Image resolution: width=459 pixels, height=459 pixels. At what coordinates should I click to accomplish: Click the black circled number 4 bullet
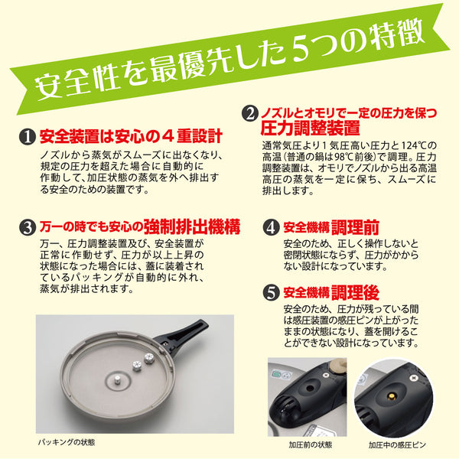(x=270, y=227)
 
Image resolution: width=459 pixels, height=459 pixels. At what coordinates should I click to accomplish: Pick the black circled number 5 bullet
(x=270, y=291)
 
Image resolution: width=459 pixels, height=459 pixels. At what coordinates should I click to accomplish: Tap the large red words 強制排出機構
(x=194, y=226)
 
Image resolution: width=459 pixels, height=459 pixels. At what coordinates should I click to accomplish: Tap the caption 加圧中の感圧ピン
(x=401, y=444)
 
